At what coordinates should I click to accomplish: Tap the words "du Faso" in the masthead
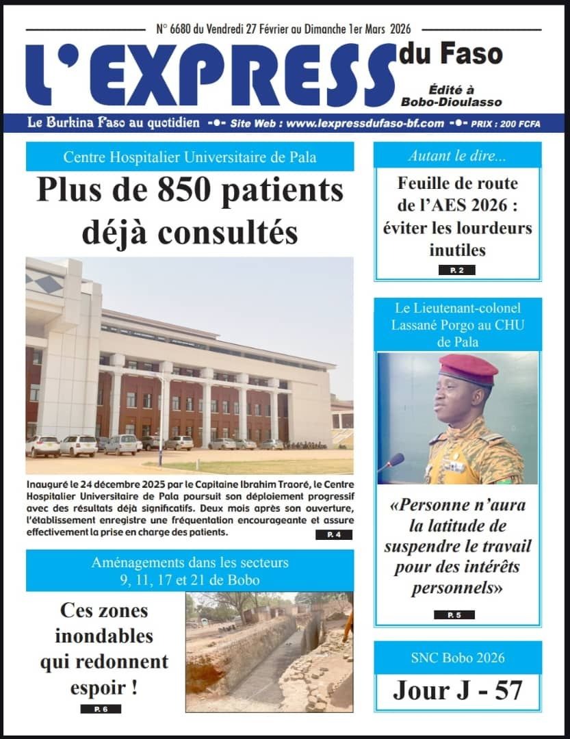(451, 53)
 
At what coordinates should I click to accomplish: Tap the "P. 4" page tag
(334, 535)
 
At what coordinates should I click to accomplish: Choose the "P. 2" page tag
(456, 270)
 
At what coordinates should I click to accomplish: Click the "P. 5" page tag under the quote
(454, 614)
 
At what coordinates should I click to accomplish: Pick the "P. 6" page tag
(101, 708)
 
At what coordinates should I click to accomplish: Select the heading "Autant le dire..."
(457, 155)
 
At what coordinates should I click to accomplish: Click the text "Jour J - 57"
(458, 690)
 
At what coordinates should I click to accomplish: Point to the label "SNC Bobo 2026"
(458, 658)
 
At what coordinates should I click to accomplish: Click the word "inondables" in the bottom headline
(104, 636)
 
